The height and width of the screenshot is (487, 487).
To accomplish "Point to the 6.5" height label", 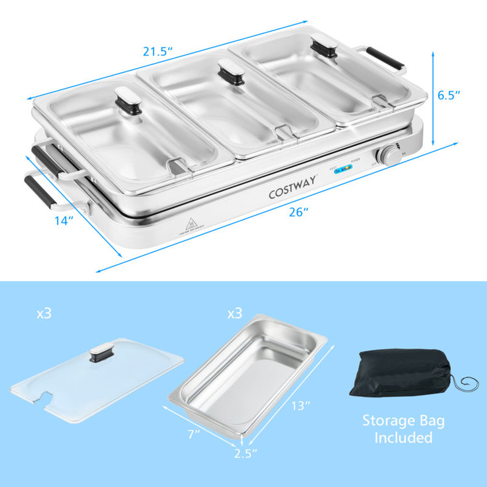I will [449, 94].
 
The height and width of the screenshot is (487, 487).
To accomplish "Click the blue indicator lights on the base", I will [345, 170].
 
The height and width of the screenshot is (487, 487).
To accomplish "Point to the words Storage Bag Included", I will [404, 429].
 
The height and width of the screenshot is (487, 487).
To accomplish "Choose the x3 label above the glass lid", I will [44, 314].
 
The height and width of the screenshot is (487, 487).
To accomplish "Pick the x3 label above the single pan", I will [234, 314].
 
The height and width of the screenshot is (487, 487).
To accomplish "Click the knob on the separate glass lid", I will [102, 354].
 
